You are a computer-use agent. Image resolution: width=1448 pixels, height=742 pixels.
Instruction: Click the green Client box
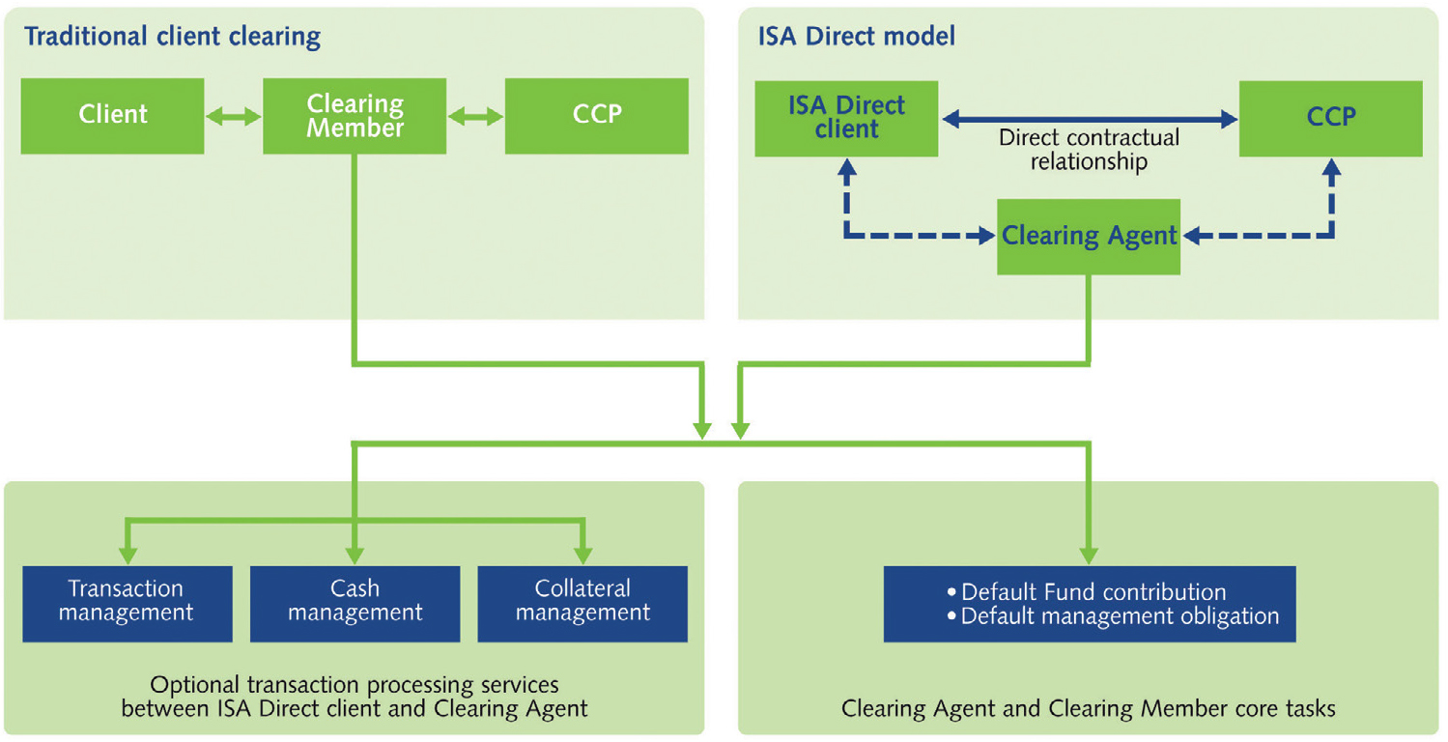112,115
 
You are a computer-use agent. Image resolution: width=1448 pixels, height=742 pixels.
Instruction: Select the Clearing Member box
355,115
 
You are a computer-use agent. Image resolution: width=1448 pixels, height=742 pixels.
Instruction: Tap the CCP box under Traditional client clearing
596,115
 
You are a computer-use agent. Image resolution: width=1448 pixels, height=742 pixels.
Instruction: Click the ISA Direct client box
845,118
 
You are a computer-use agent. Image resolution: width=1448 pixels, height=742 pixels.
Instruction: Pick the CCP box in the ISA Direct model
1330,118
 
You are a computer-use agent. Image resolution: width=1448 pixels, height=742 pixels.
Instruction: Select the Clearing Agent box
1089,236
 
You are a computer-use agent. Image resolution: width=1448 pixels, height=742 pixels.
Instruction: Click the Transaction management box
127,601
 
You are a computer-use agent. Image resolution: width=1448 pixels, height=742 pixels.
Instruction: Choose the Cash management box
355,601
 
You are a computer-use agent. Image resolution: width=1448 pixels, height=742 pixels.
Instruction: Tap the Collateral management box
582,601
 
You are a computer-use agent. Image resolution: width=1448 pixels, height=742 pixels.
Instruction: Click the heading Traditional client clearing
172,38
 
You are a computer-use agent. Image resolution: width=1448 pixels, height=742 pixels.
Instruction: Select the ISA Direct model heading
856,38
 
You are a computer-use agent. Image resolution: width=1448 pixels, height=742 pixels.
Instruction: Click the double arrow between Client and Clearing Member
234,117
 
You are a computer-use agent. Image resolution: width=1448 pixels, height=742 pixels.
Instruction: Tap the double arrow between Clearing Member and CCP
475,117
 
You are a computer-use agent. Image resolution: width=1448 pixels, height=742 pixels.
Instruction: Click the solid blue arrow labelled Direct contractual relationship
1089,119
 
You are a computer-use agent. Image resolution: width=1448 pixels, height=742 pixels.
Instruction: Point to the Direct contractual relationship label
1089,150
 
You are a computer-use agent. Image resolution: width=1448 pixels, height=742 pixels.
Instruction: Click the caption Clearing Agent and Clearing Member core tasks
1088,708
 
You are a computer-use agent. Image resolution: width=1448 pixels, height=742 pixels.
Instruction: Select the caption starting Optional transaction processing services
355,697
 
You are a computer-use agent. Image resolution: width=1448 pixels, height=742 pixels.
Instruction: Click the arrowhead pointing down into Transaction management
127,556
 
